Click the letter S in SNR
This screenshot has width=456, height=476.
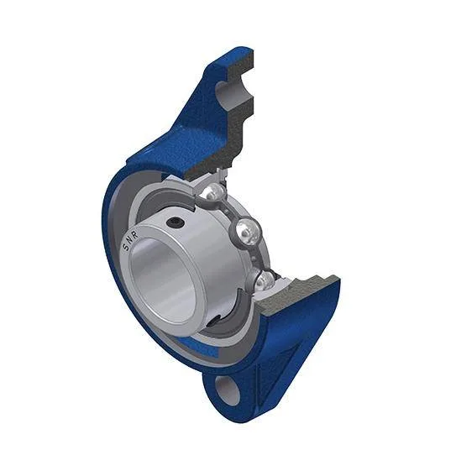(x=126, y=248)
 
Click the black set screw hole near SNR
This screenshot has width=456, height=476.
(x=176, y=223)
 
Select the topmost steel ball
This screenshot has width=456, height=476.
(x=212, y=192)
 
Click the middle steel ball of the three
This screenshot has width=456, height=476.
(x=248, y=230)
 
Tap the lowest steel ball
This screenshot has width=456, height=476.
(x=263, y=280)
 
